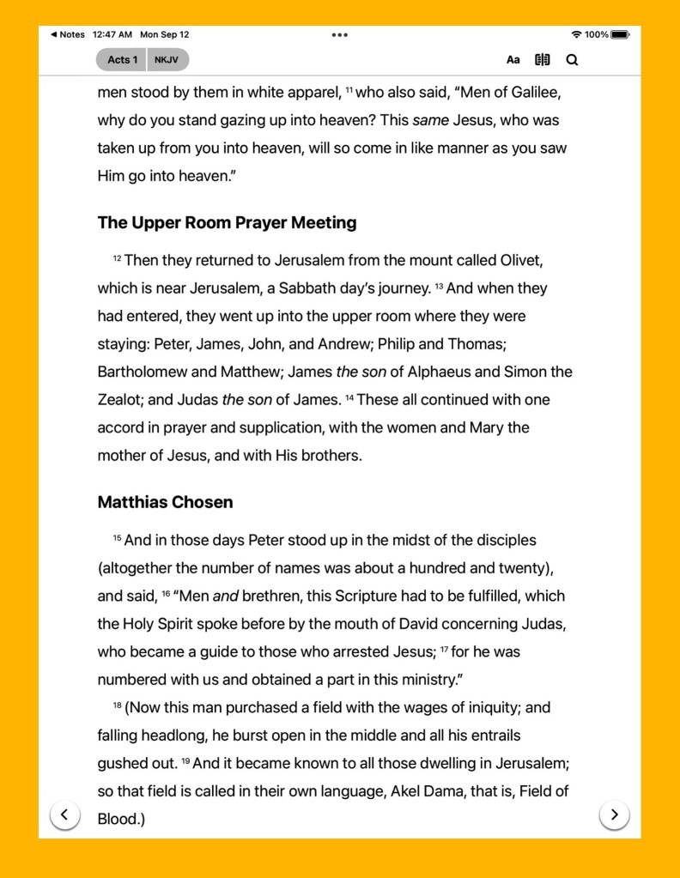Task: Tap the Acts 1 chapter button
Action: [x=123, y=60]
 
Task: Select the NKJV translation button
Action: [x=167, y=60]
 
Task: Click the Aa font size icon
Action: [x=513, y=60]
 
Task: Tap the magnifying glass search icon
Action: [x=572, y=60]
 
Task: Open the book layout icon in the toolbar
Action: [x=542, y=60]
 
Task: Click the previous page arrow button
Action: [x=65, y=814]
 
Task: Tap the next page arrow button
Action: [x=614, y=814]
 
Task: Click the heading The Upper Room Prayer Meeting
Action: [x=227, y=223]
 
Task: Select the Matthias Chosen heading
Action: [x=165, y=502]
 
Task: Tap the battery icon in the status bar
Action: [x=621, y=35]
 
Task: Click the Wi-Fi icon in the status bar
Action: [x=575, y=35]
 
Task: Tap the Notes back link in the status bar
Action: [x=68, y=35]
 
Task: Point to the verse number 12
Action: [x=117, y=257]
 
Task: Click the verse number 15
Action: [x=117, y=538]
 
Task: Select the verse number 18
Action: [x=117, y=705]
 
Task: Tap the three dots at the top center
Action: [x=339, y=35]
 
